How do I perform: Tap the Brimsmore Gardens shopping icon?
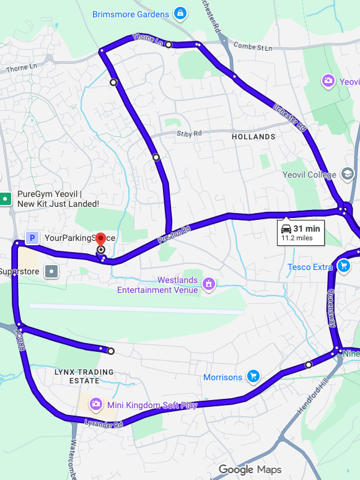tap(180, 13)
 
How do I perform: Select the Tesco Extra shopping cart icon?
tap(344, 267)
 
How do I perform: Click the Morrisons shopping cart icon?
tap(253, 376)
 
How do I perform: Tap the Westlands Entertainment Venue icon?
tap(209, 284)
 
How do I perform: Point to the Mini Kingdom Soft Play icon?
tap(96, 404)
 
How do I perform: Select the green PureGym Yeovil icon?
tap(6, 199)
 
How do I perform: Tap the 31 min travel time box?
tap(301, 232)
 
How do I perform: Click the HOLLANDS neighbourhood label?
tap(253, 136)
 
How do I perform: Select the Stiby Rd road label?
tap(189, 133)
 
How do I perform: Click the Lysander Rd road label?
tap(103, 424)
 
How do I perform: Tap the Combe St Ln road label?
tap(252, 47)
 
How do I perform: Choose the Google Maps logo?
tap(250, 470)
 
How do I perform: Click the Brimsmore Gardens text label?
tap(130, 14)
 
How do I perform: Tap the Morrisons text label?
tap(222, 377)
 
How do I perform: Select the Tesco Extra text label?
tap(310, 268)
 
